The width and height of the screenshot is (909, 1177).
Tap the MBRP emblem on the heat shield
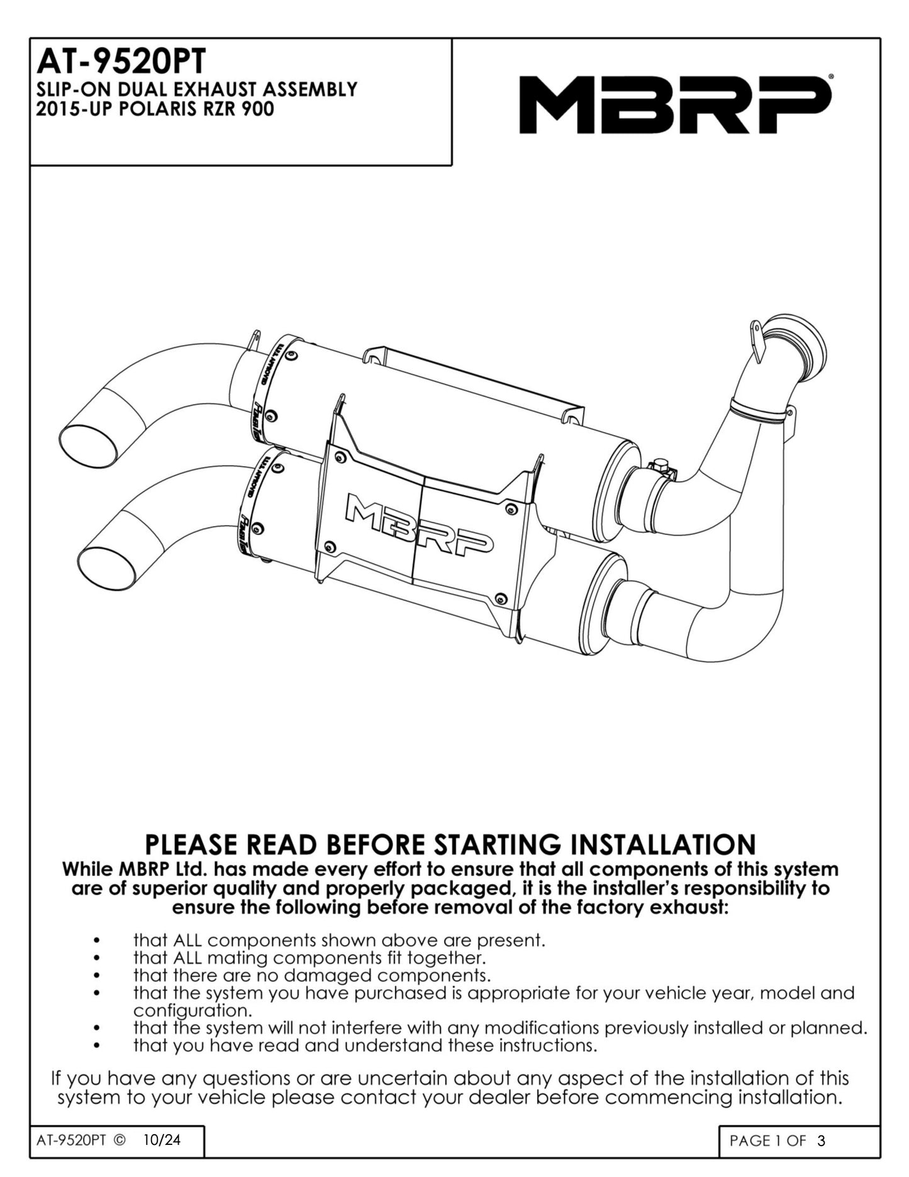[420, 524]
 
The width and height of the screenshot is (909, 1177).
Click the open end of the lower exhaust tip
[107, 564]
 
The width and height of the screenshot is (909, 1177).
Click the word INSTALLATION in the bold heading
[667, 843]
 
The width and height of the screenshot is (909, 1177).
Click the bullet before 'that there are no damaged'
[96, 976]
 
